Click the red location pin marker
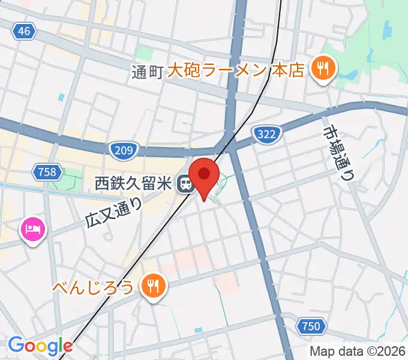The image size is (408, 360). pyautogui.click(x=205, y=176)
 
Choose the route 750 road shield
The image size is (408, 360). pyautogui.click(x=311, y=326)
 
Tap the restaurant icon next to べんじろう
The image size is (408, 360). pyautogui.click(x=154, y=286)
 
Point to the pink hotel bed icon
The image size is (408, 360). pyautogui.click(x=32, y=229)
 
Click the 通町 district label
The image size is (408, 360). pyautogui.click(x=147, y=72)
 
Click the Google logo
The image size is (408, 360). pyautogui.click(x=40, y=346)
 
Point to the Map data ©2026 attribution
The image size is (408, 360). pyautogui.click(x=356, y=352)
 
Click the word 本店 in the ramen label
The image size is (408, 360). pyautogui.click(x=287, y=71)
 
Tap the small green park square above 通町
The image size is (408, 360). pyautogui.click(x=144, y=53)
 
